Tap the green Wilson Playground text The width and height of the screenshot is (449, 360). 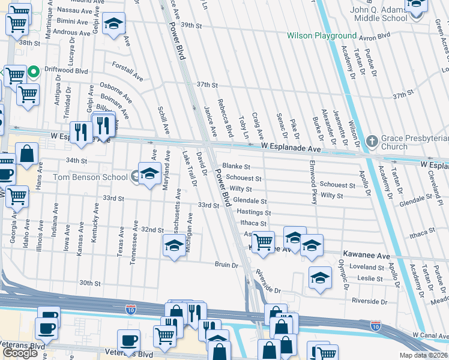(321, 36)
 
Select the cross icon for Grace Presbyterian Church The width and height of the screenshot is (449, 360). (372, 142)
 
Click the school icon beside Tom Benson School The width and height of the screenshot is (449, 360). (149, 175)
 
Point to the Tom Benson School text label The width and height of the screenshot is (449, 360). (89, 177)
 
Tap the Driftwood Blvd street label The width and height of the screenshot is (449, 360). (67, 71)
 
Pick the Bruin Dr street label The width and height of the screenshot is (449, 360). (227, 264)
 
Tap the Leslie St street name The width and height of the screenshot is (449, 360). (370, 278)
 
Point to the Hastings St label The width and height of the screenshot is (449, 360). (254, 212)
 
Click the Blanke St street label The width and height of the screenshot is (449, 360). (235, 166)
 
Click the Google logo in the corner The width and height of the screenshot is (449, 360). (20, 353)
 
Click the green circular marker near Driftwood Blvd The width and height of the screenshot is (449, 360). (34, 73)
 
